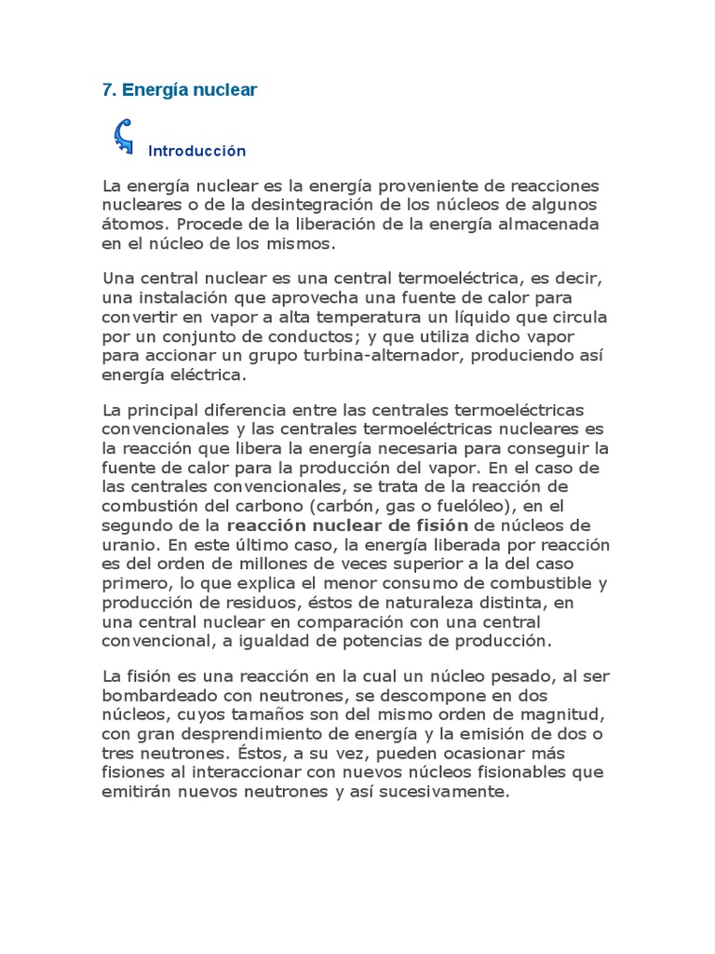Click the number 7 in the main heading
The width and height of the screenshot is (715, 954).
click(106, 90)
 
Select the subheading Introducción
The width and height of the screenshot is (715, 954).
click(196, 151)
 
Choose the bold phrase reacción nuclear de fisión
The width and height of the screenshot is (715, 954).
click(363, 525)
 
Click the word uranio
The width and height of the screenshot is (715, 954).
click(128, 544)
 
